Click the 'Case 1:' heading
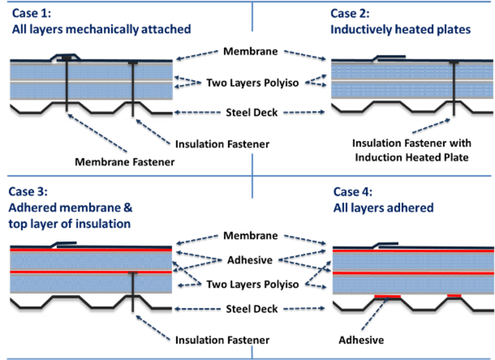[32, 13]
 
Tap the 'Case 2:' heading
[350, 13]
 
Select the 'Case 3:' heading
[28, 191]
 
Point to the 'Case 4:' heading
[353, 192]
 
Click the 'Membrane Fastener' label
[125, 162]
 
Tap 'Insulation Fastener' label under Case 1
[222, 144]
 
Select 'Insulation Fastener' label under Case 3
[222, 340]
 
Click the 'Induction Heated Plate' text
[412, 158]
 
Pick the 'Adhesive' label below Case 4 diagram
[361, 340]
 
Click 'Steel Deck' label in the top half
[252, 112]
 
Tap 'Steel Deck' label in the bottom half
[252, 309]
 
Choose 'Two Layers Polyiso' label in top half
[253, 82]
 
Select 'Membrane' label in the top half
[251, 51]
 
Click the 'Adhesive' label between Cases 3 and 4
[250, 260]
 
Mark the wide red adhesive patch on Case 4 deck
[387, 297]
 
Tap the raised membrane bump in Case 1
[66, 57]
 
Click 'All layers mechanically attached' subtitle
[101, 29]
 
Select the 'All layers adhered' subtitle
[383, 208]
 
